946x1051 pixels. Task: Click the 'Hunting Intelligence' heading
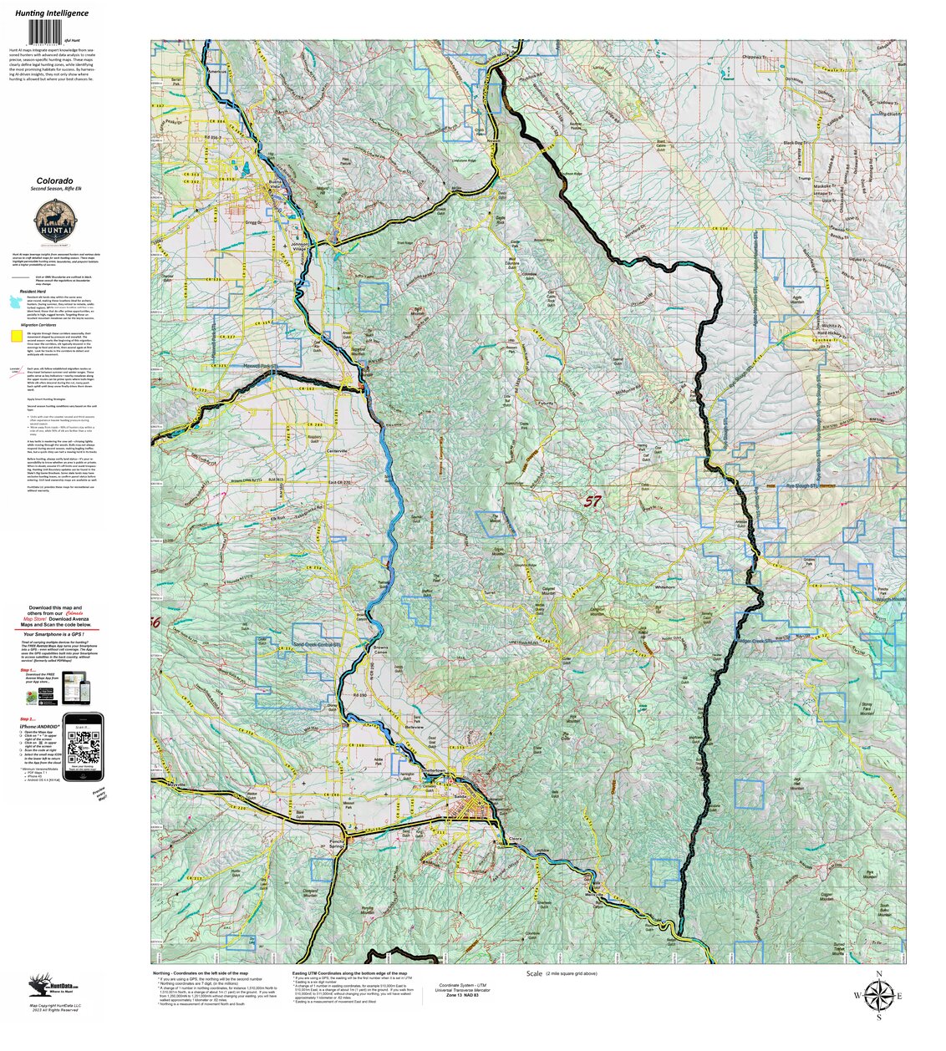pyautogui.click(x=52, y=13)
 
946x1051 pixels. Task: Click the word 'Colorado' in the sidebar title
pyautogui.click(x=54, y=180)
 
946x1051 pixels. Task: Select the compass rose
pyautogui.click(x=878, y=995)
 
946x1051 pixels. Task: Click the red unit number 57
pyautogui.click(x=592, y=501)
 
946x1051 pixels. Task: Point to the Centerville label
pyautogui.click(x=336, y=451)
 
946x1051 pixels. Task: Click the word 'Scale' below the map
pyautogui.click(x=534, y=974)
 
